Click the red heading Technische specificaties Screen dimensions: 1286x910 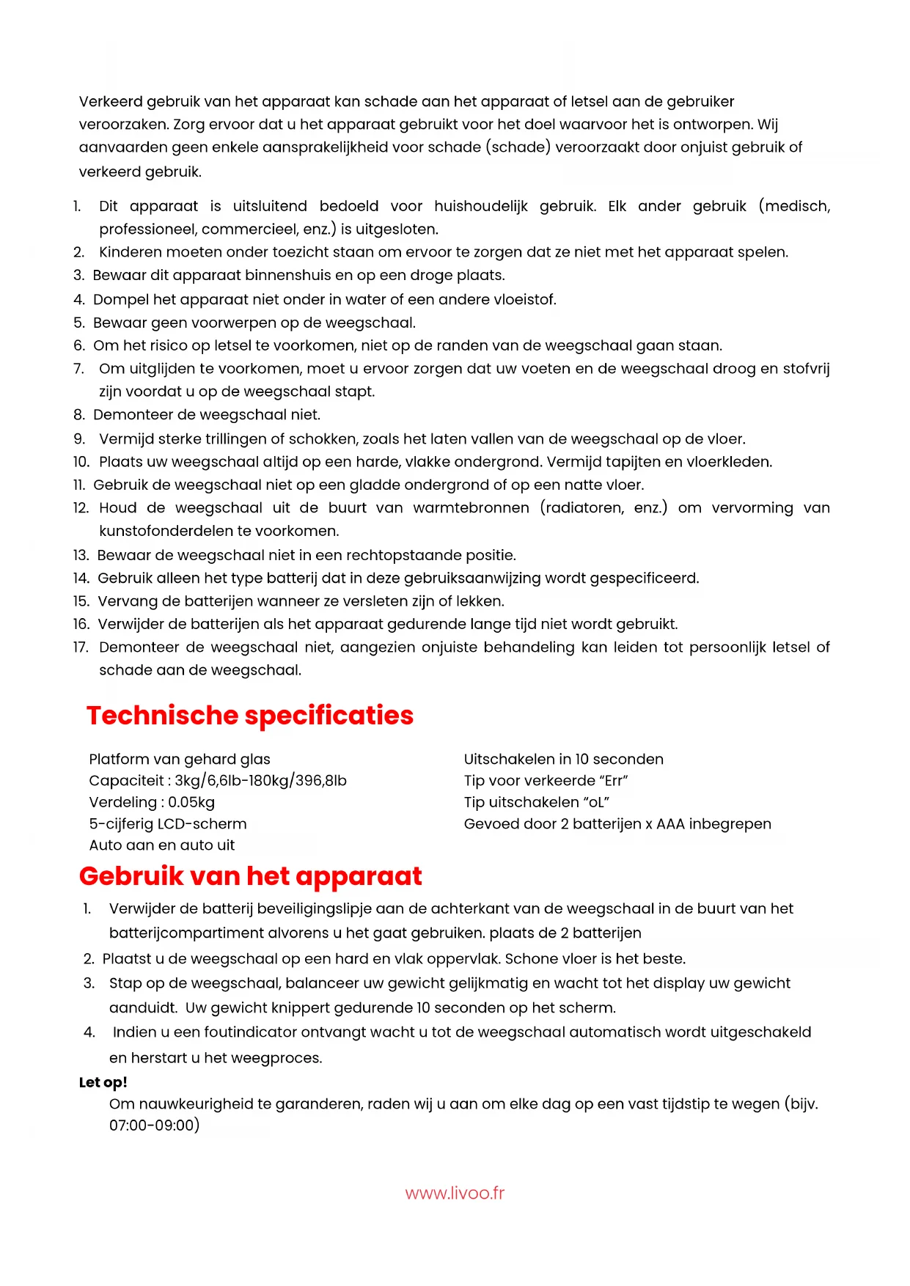click(249, 716)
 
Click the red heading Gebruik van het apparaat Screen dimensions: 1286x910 click(250, 876)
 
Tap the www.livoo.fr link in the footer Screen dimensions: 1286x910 click(455, 1193)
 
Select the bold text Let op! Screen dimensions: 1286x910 click(103, 1082)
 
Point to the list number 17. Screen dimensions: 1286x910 click(81, 647)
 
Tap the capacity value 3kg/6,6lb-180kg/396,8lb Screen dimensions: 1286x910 click(260, 781)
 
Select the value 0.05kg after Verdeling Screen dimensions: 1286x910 click(191, 802)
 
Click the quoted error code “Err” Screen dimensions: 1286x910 click(614, 781)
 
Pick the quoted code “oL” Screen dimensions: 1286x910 click(595, 802)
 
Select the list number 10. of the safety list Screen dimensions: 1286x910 click(81, 462)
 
